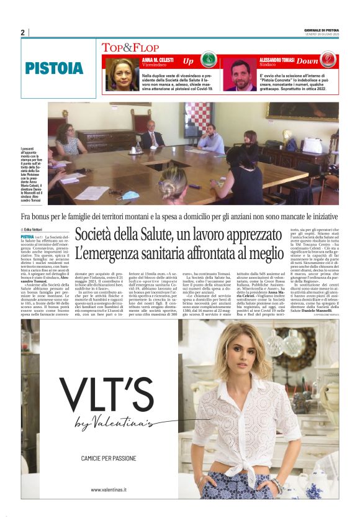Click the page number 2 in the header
click(22, 32)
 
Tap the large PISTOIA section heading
click(55, 68)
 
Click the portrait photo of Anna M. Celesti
click(122, 74)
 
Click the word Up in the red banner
click(188, 61)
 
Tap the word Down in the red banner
click(307, 61)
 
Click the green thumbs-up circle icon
click(210, 61)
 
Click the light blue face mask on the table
click(130, 194)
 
